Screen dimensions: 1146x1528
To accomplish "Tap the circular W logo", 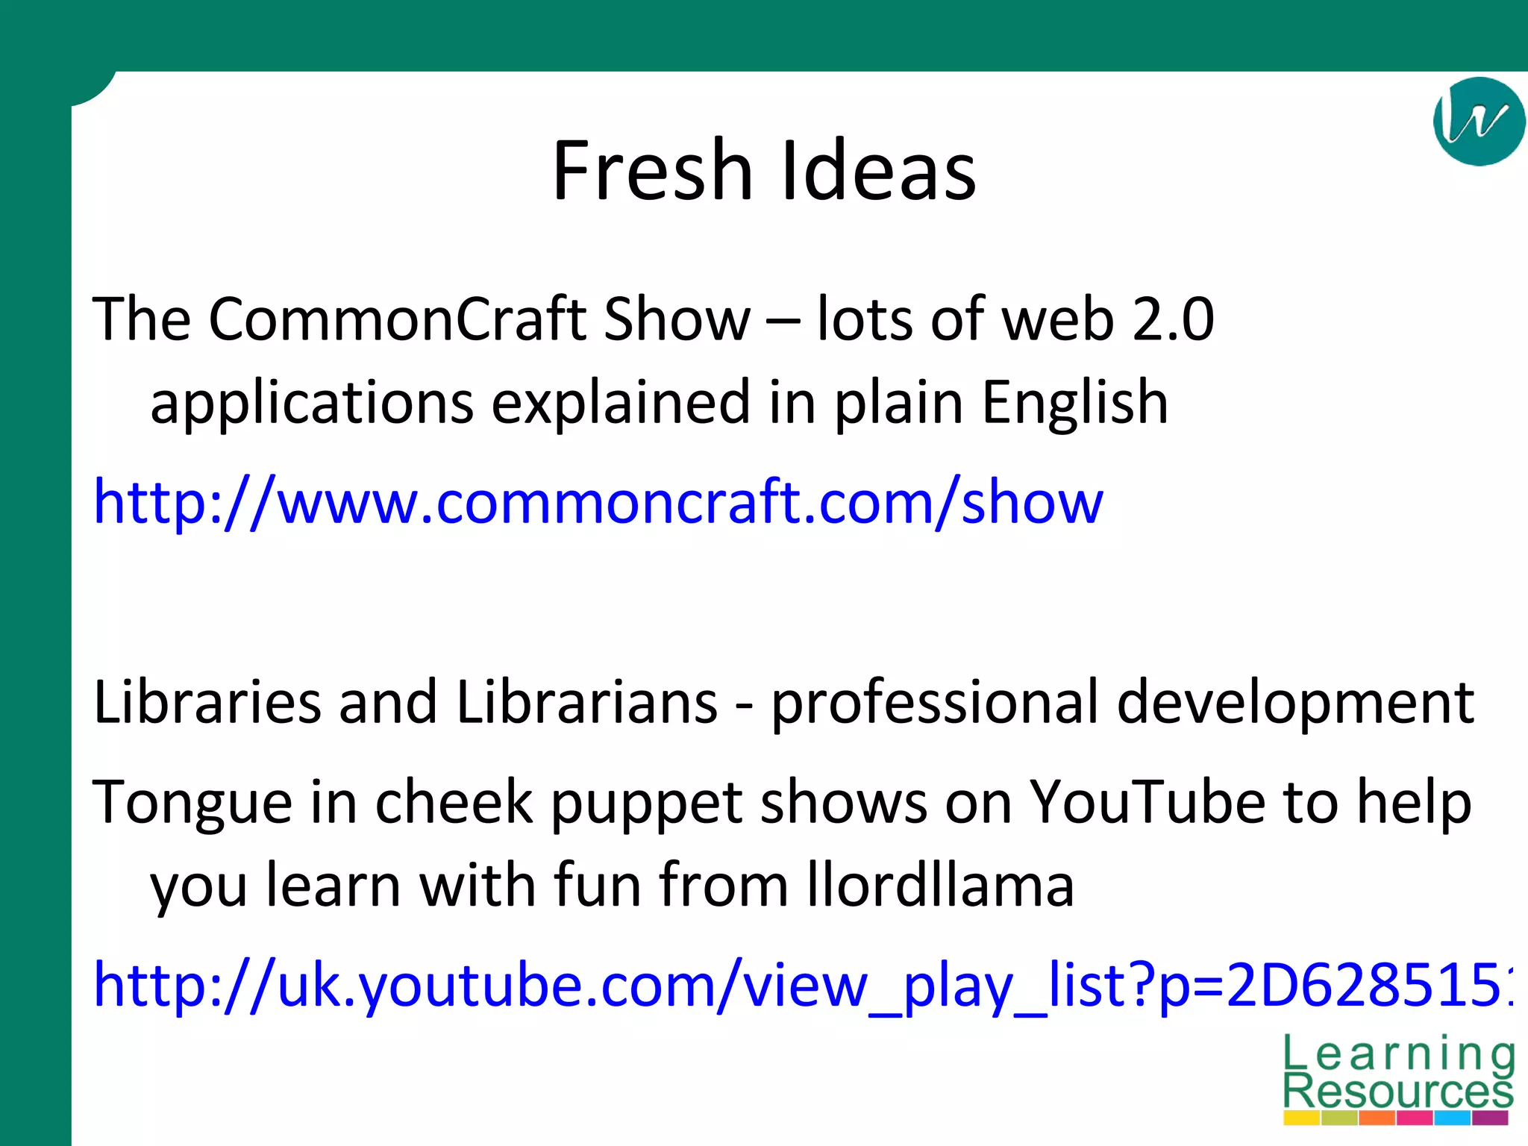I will pyautogui.click(x=1478, y=121).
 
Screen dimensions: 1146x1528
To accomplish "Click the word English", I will pyautogui.click(x=1074, y=403).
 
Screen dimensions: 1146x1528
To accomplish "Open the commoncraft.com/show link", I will pyautogui.click(x=597, y=502).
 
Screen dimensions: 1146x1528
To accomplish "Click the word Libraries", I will pyautogui.click(x=207, y=702).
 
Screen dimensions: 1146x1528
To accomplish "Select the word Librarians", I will pyautogui.click(x=586, y=702).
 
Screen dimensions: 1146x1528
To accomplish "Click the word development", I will pyautogui.click(x=1295, y=704).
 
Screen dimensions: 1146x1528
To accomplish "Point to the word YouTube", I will pyautogui.click(x=1147, y=802).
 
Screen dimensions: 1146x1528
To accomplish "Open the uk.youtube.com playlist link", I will pyautogui.click(x=798, y=986).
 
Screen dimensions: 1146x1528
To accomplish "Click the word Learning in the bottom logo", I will pyautogui.click(x=1398, y=1054).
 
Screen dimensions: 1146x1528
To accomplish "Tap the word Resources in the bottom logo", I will pyautogui.click(x=1398, y=1091).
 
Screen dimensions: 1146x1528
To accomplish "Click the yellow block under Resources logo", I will pyautogui.click(x=1301, y=1118).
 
